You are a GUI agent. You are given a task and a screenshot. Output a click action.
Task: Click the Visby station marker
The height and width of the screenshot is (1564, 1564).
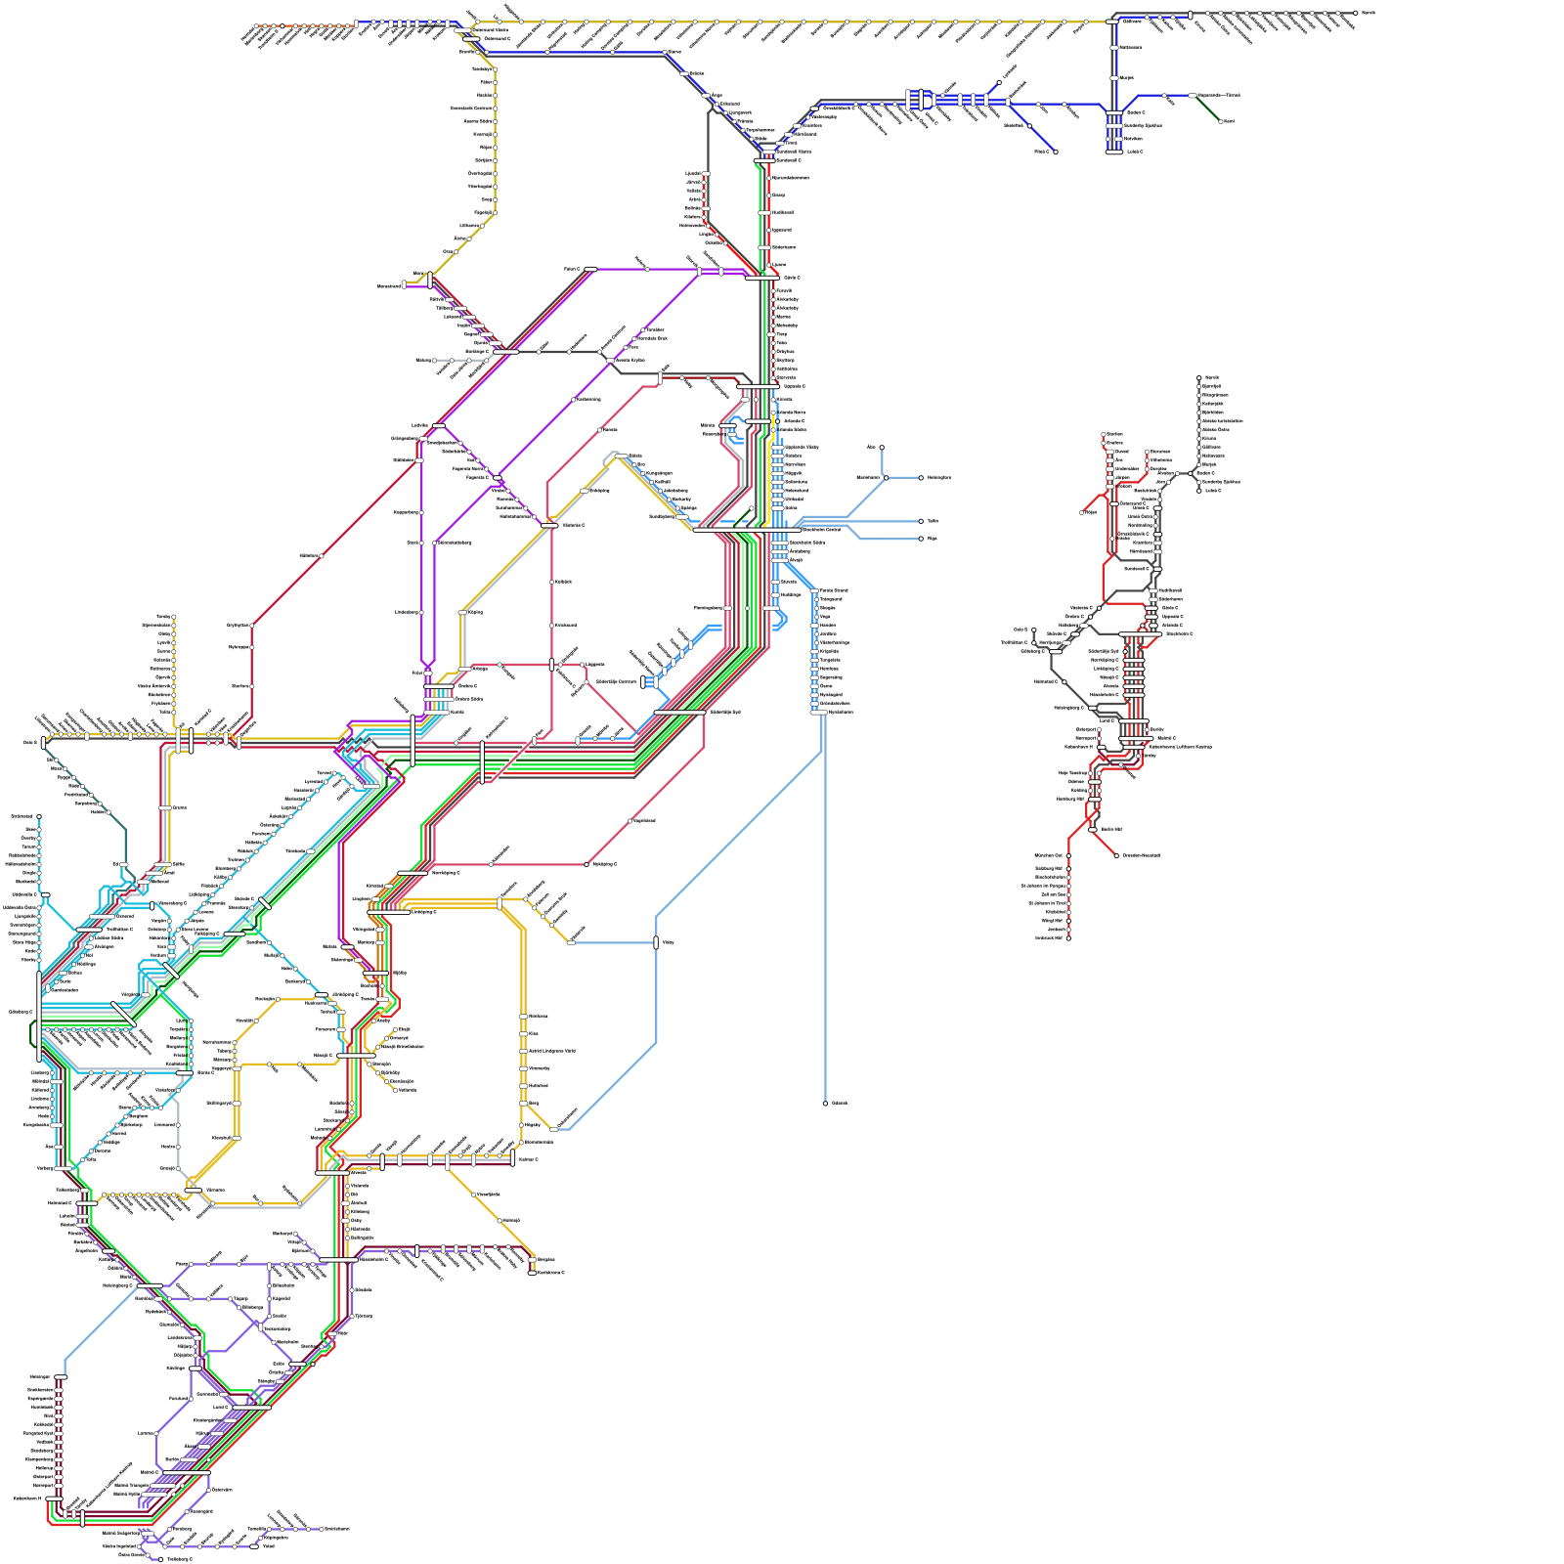click(656, 942)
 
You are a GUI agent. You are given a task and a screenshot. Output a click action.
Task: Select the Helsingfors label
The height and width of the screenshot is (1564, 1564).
click(938, 477)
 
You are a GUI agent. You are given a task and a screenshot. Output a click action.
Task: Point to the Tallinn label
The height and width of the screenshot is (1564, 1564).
click(933, 521)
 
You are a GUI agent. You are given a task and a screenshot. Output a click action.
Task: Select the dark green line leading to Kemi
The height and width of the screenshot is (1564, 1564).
click(1208, 109)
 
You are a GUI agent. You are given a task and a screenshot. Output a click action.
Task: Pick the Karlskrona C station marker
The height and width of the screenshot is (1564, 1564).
click(532, 1272)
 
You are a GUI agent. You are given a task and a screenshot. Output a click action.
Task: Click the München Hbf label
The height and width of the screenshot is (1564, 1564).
click(1048, 855)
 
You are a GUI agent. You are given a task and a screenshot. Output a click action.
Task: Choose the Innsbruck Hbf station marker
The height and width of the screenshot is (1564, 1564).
click(1067, 937)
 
